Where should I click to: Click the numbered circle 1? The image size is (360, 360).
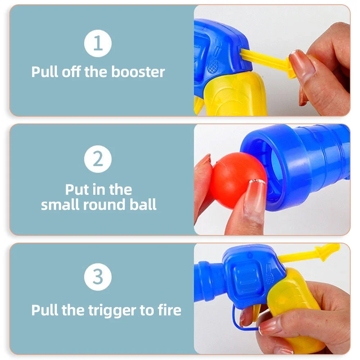pyautogui.click(x=98, y=44)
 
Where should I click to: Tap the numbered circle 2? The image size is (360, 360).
pyautogui.click(x=98, y=159)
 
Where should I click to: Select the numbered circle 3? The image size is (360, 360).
pyautogui.click(x=98, y=277)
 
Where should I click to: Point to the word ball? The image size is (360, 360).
pyautogui.click(x=143, y=204)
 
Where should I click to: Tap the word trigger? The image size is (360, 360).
pyautogui.click(x=112, y=311)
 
